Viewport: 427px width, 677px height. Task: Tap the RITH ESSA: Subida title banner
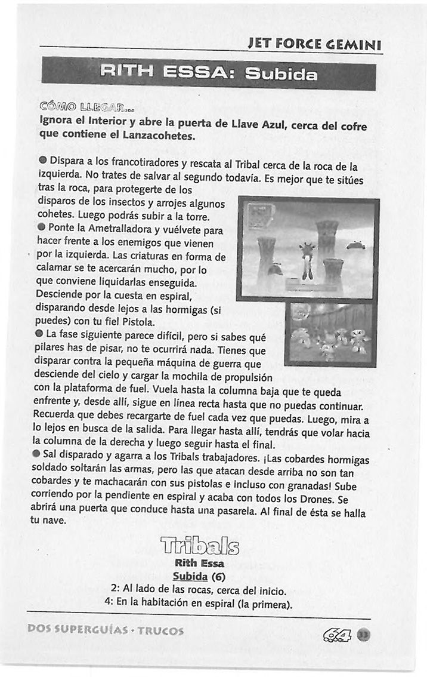point(209,74)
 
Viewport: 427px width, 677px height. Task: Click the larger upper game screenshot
point(308,250)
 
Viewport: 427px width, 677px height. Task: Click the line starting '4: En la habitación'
point(197,605)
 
